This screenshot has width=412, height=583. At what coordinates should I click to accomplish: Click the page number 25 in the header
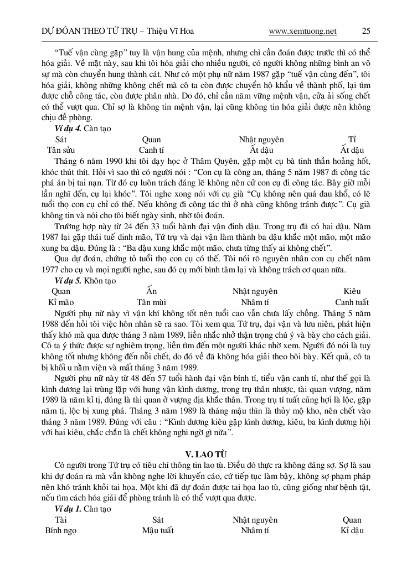[x=366, y=31]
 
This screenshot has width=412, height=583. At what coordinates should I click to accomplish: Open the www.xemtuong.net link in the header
[x=302, y=31]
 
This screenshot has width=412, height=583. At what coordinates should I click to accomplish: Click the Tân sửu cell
[x=61, y=149]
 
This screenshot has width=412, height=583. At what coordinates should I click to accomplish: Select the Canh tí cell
[x=151, y=149]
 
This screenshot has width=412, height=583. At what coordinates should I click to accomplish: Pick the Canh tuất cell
[x=352, y=302]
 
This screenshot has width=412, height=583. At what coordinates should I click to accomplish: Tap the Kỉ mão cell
[x=61, y=302]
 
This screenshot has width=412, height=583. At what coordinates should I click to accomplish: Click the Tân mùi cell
[x=152, y=302]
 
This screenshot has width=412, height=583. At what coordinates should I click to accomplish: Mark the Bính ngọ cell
[x=61, y=530]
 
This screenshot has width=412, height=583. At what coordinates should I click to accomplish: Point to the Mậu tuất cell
[x=158, y=530]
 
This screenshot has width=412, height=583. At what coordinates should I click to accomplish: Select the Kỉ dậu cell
[x=352, y=530]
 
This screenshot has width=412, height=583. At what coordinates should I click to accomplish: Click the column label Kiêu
[x=352, y=291]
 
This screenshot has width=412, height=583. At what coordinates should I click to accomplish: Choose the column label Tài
[x=61, y=520]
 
